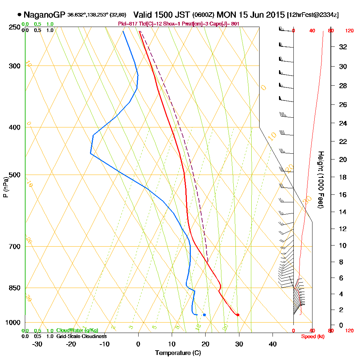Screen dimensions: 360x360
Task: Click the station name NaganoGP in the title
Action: pos(44,15)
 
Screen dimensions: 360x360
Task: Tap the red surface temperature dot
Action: pos(238,315)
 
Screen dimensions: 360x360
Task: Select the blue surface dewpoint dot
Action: pos(204,315)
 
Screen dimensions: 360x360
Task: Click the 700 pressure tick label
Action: pos(13,247)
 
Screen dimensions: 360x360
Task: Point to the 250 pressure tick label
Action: pos(13,27)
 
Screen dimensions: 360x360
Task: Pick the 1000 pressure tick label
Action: pos(12,323)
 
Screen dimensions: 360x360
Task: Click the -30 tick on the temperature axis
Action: pos(37,344)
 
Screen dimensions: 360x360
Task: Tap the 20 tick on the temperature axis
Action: pos(205,344)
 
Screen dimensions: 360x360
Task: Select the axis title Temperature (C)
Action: pos(178,353)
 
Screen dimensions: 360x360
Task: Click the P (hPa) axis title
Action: pos(5,187)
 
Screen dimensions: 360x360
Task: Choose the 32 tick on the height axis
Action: pos(343,47)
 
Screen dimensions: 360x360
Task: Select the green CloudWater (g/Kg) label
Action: pos(77,330)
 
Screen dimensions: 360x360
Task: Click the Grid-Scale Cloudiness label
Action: pos(81,336)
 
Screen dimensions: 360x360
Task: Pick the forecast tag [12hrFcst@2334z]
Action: pos(312,15)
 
